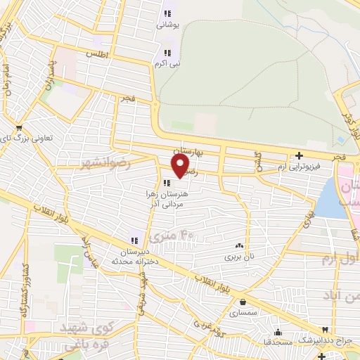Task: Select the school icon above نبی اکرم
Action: (x=167, y=52)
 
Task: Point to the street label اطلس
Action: (x=95, y=53)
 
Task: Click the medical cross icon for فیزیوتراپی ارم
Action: (x=300, y=155)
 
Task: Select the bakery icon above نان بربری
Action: (x=240, y=246)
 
